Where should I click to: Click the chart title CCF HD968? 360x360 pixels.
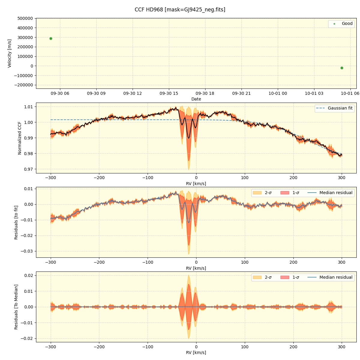[x=180, y=10]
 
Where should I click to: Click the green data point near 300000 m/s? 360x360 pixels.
[x=51, y=38]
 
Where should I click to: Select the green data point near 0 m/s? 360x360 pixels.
[x=342, y=68]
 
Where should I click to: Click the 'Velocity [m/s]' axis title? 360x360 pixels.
[x=10, y=53]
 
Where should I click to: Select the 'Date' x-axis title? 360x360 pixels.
[x=196, y=99]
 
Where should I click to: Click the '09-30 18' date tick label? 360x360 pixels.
[x=205, y=94]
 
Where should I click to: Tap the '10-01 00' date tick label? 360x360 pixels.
[x=277, y=94]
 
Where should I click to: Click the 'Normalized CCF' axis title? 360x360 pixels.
[x=20, y=138]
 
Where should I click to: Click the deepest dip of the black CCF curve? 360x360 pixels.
[x=189, y=138]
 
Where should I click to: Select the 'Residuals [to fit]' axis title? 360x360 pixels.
[x=16, y=222]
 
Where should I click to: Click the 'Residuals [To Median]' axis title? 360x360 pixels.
[x=16, y=307]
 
